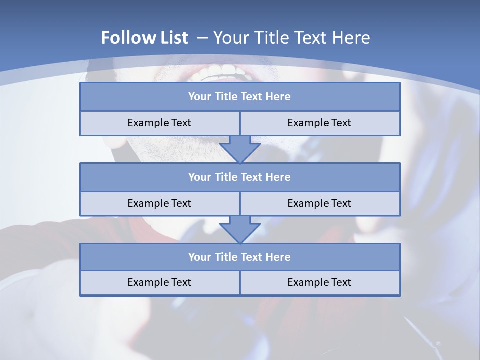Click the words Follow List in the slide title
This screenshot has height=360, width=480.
[144, 38]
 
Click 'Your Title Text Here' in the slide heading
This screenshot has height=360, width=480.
[291, 38]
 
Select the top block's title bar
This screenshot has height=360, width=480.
[240, 97]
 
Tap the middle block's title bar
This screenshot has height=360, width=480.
[240, 177]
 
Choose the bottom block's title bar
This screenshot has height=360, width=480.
[240, 257]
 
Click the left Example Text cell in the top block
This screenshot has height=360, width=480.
[159, 123]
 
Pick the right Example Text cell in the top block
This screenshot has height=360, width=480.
[319, 123]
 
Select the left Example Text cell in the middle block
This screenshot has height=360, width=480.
[159, 203]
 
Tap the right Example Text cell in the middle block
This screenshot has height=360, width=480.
[319, 203]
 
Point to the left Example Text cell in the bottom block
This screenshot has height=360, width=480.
[159, 282]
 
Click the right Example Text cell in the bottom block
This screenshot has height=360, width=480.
[319, 282]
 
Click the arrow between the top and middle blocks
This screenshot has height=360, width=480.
[240, 149]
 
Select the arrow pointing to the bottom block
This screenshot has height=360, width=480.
[240, 229]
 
